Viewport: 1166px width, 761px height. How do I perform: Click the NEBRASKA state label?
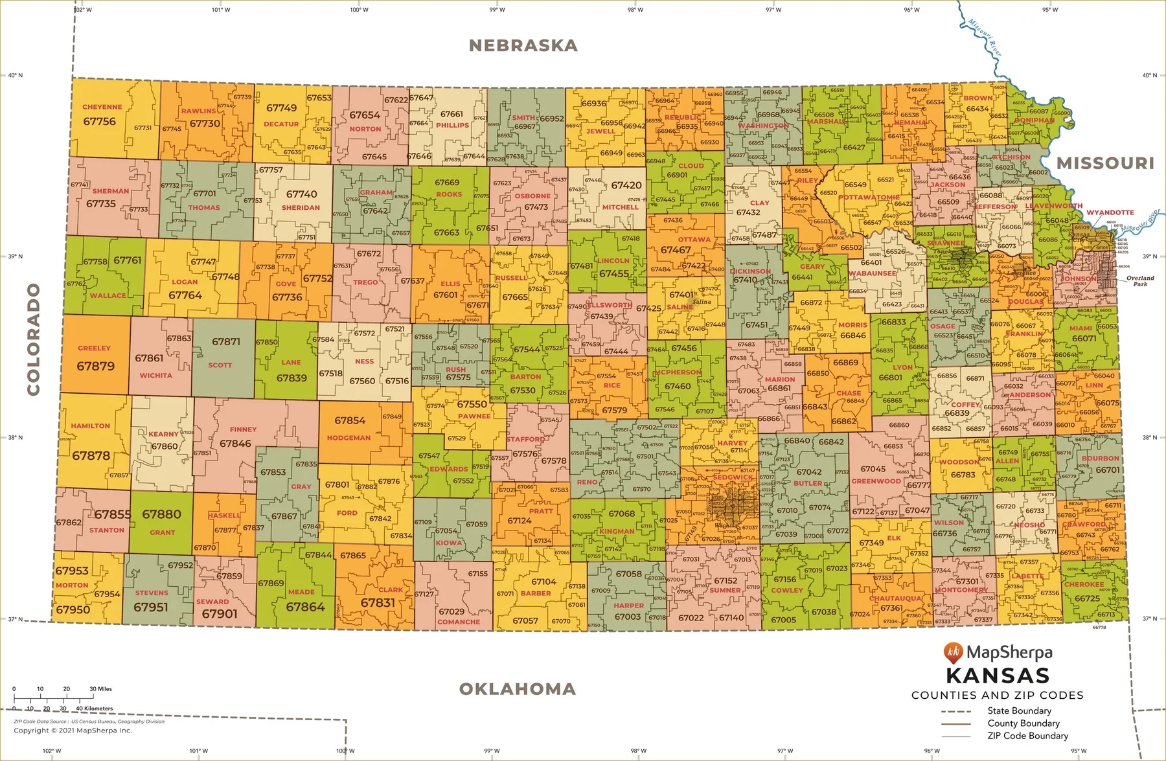click(x=523, y=45)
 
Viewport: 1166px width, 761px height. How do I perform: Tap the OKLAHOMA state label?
click(x=517, y=689)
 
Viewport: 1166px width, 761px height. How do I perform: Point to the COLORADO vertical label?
click(x=33, y=339)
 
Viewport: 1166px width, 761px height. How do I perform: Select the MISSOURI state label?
click(x=1105, y=163)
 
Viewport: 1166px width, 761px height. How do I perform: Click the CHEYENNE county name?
click(x=102, y=107)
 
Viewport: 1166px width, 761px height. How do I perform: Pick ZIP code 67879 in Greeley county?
click(x=95, y=366)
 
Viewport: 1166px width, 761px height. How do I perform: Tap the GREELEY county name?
click(x=94, y=348)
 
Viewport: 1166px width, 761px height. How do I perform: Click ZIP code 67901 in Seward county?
click(x=220, y=613)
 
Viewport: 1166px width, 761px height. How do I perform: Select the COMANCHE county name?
click(x=459, y=622)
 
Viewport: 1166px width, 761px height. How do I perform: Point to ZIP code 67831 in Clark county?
click(x=378, y=602)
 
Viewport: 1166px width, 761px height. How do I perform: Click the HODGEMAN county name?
click(x=349, y=438)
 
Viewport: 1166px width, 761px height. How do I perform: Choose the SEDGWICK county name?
click(x=733, y=477)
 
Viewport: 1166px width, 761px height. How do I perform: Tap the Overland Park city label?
click(x=1140, y=280)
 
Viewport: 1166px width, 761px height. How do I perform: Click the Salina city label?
click(x=702, y=302)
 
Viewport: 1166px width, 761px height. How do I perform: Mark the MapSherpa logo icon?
click(x=953, y=652)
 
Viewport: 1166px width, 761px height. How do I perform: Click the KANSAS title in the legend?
click(x=998, y=676)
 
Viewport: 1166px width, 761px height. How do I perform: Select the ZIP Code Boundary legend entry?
click(x=1027, y=736)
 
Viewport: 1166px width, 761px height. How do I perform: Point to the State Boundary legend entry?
click(x=1019, y=711)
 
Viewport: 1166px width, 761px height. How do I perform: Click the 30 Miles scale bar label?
click(x=100, y=689)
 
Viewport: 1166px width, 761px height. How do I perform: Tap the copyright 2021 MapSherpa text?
click(x=73, y=731)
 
